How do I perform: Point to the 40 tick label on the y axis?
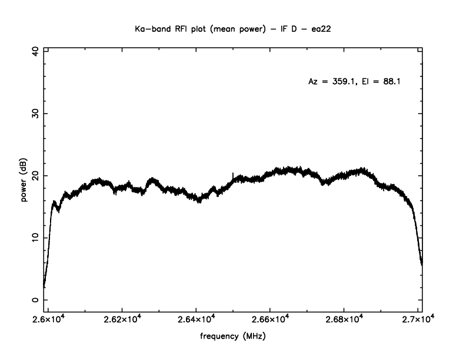pyautogui.click(x=37, y=51)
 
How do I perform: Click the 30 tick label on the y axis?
pyautogui.click(x=37, y=114)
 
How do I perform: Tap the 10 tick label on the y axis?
pyautogui.click(x=37, y=238)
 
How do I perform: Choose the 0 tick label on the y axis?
pyautogui.click(x=37, y=299)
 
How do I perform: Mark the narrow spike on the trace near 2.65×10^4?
pyautogui.click(x=233, y=174)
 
